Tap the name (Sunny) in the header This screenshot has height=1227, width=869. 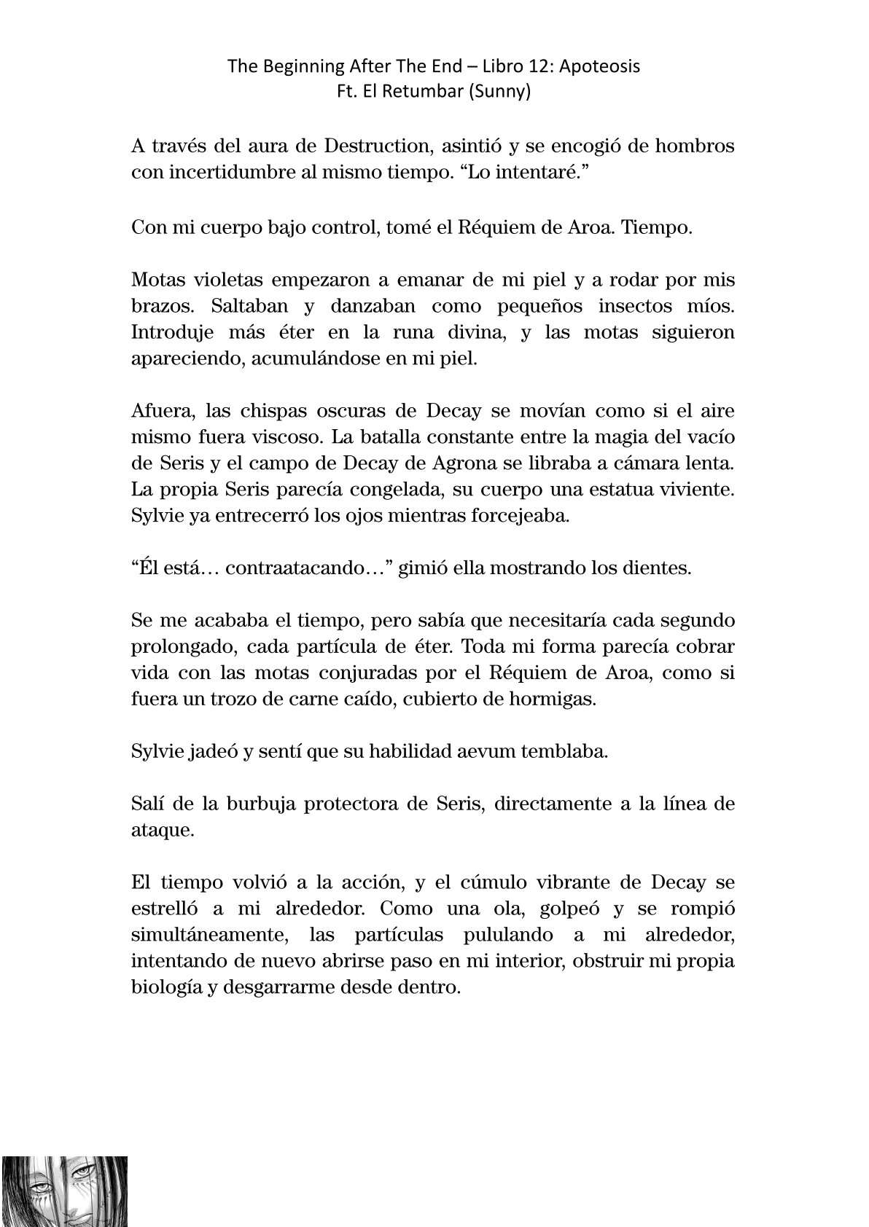[502, 93]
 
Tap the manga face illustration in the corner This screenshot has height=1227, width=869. [64, 1191]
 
